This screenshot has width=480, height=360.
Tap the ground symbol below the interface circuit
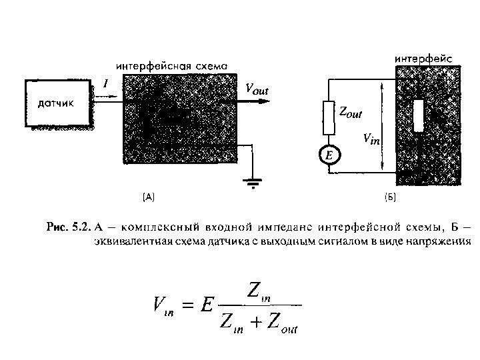point(253,181)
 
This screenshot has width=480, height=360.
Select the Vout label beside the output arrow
point(258,89)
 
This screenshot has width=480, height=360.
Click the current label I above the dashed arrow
point(105,83)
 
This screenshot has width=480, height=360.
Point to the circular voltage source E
point(329,155)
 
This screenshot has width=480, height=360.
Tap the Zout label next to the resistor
point(351,113)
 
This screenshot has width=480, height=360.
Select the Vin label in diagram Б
point(371,139)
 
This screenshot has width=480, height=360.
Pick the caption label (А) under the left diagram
point(148,197)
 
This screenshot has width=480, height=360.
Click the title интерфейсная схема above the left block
point(172,67)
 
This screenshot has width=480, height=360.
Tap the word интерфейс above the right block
point(424,59)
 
